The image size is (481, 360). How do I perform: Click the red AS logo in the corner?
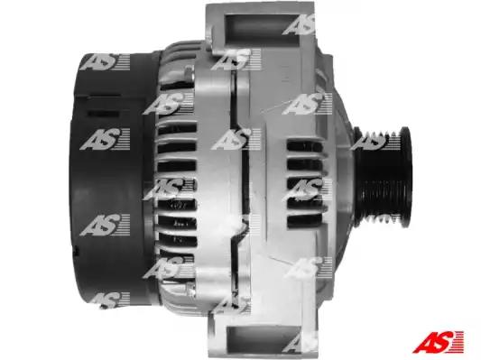(438, 342)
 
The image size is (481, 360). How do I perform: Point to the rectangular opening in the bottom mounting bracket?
(264, 339)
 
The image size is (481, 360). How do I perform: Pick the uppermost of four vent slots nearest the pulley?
(304, 146)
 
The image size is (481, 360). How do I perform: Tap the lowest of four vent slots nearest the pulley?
(304, 220)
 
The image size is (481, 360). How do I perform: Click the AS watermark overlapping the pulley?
(375, 140)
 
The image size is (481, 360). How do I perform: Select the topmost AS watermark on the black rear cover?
(105, 62)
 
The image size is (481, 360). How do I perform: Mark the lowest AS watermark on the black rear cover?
(107, 300)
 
